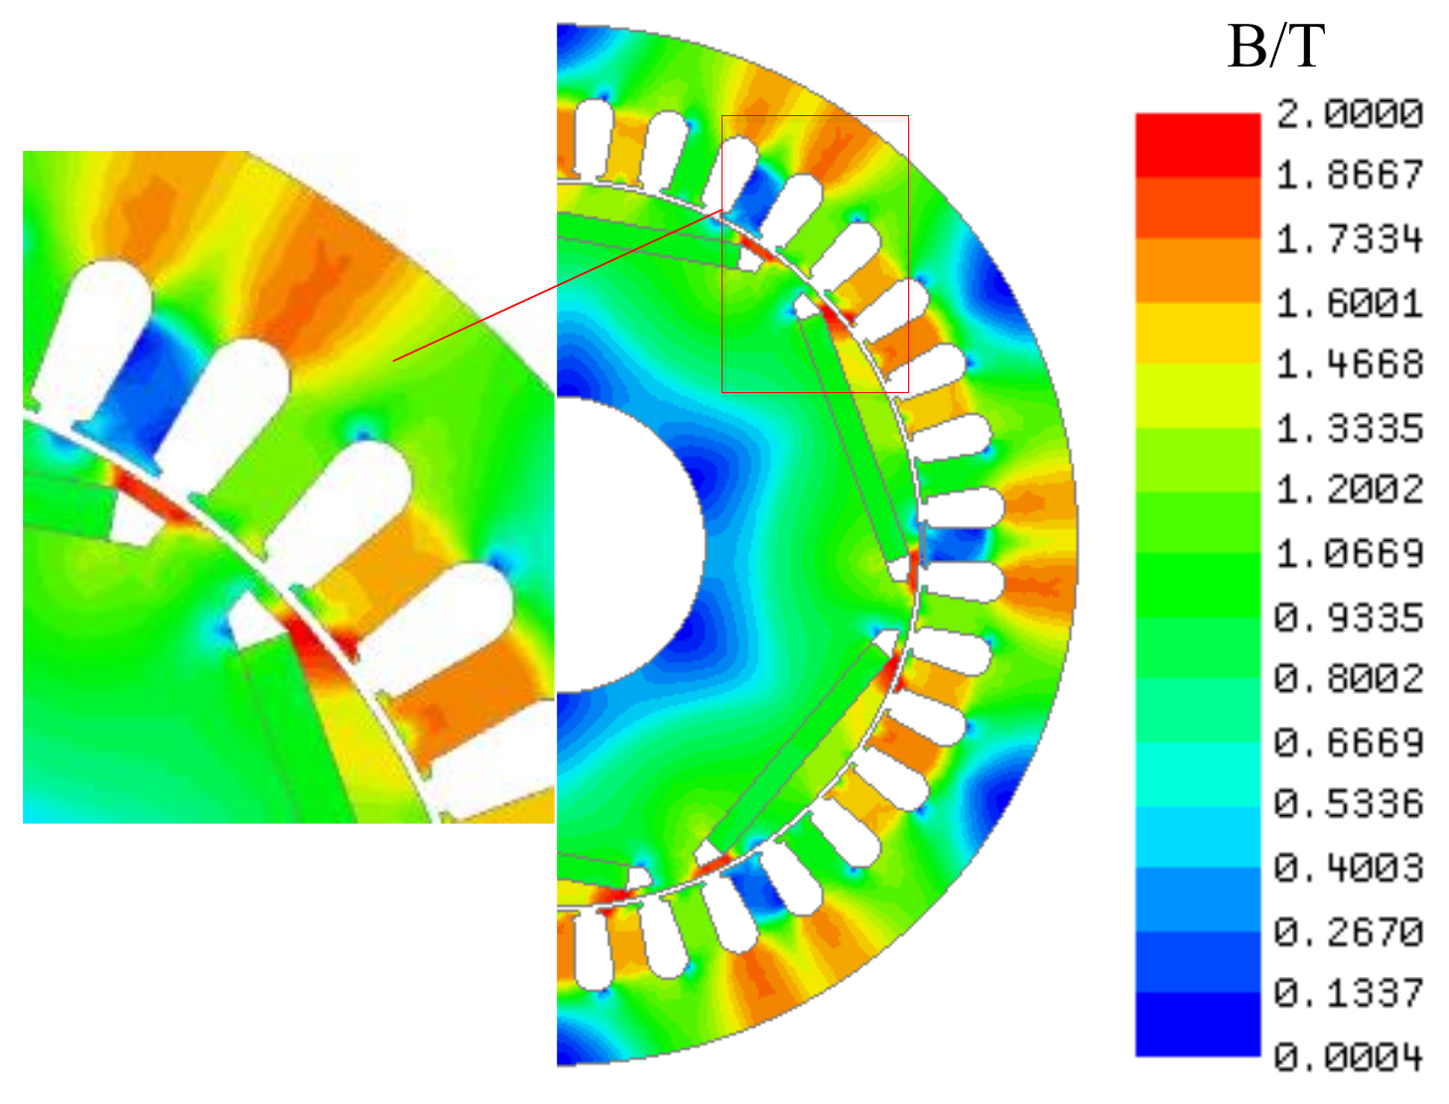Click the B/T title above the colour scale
coord(1276,47)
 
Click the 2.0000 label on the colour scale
coord(1349,113)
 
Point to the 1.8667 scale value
coord(1349,176)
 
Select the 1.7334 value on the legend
coord(1349,239)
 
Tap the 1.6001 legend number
coord(1349,303)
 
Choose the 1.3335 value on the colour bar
coord(1349,429)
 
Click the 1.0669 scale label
coord(1349,553)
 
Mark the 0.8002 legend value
coord(1349,678)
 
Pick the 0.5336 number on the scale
coord(1349,803)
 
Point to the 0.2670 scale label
coord(1349,931)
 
